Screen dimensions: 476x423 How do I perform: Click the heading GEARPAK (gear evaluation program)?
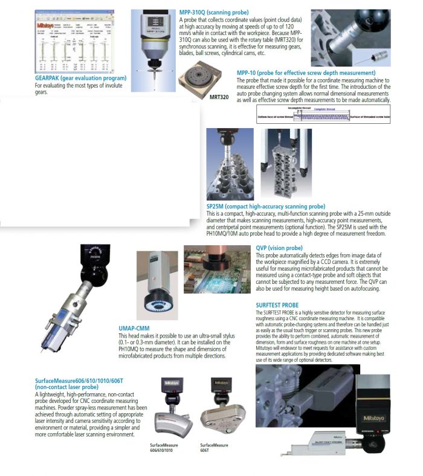80,78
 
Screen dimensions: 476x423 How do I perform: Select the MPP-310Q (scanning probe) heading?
215,12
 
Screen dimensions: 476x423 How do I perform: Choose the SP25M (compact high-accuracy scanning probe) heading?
265,206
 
